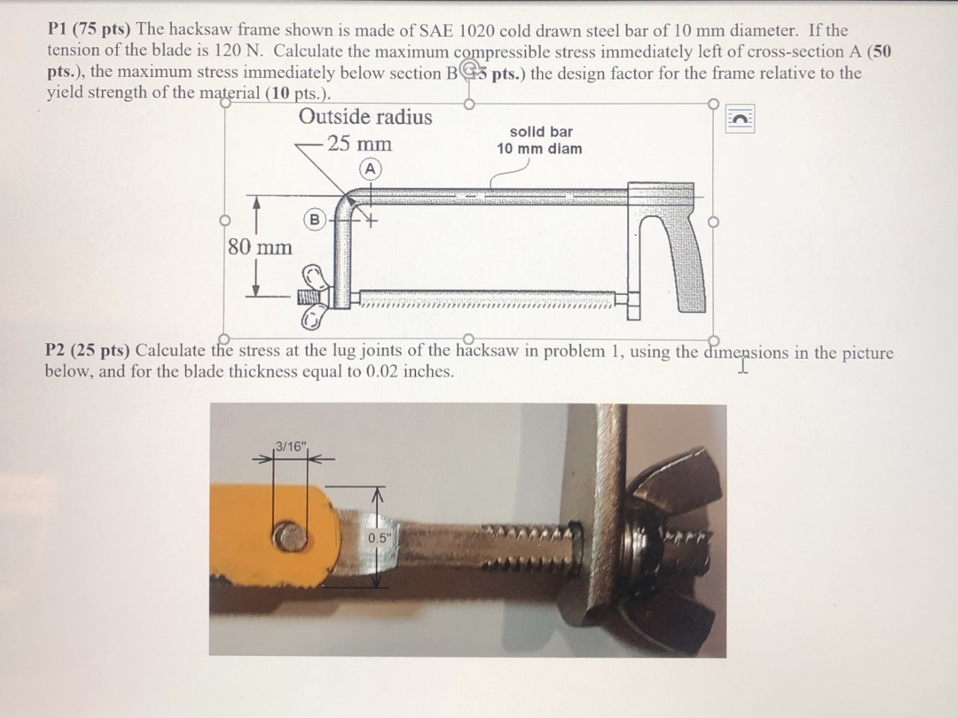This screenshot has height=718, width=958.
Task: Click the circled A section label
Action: pyautogui.click(x=368, y=168)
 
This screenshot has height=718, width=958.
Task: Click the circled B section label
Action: pyautogui.click(x=314, y=219)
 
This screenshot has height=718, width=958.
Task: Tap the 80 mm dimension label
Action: pyautogui.click(x=260, y=246)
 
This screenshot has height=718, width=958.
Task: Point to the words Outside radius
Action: pyautogui.click(x=365, y=117)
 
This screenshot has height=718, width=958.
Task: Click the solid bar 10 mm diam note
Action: pyautogui.click(x=539, y=140)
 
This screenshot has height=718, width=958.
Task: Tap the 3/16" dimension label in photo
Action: pyautogui.click(x=290, y=447)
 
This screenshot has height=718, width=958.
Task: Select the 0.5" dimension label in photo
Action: pyautogui.click(x=379, y=538)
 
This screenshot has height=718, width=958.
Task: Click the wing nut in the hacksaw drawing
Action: pyautogui.click(x=313, y=296)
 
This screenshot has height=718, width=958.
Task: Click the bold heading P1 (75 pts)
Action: pyautogui.click(x=89, y=31)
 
